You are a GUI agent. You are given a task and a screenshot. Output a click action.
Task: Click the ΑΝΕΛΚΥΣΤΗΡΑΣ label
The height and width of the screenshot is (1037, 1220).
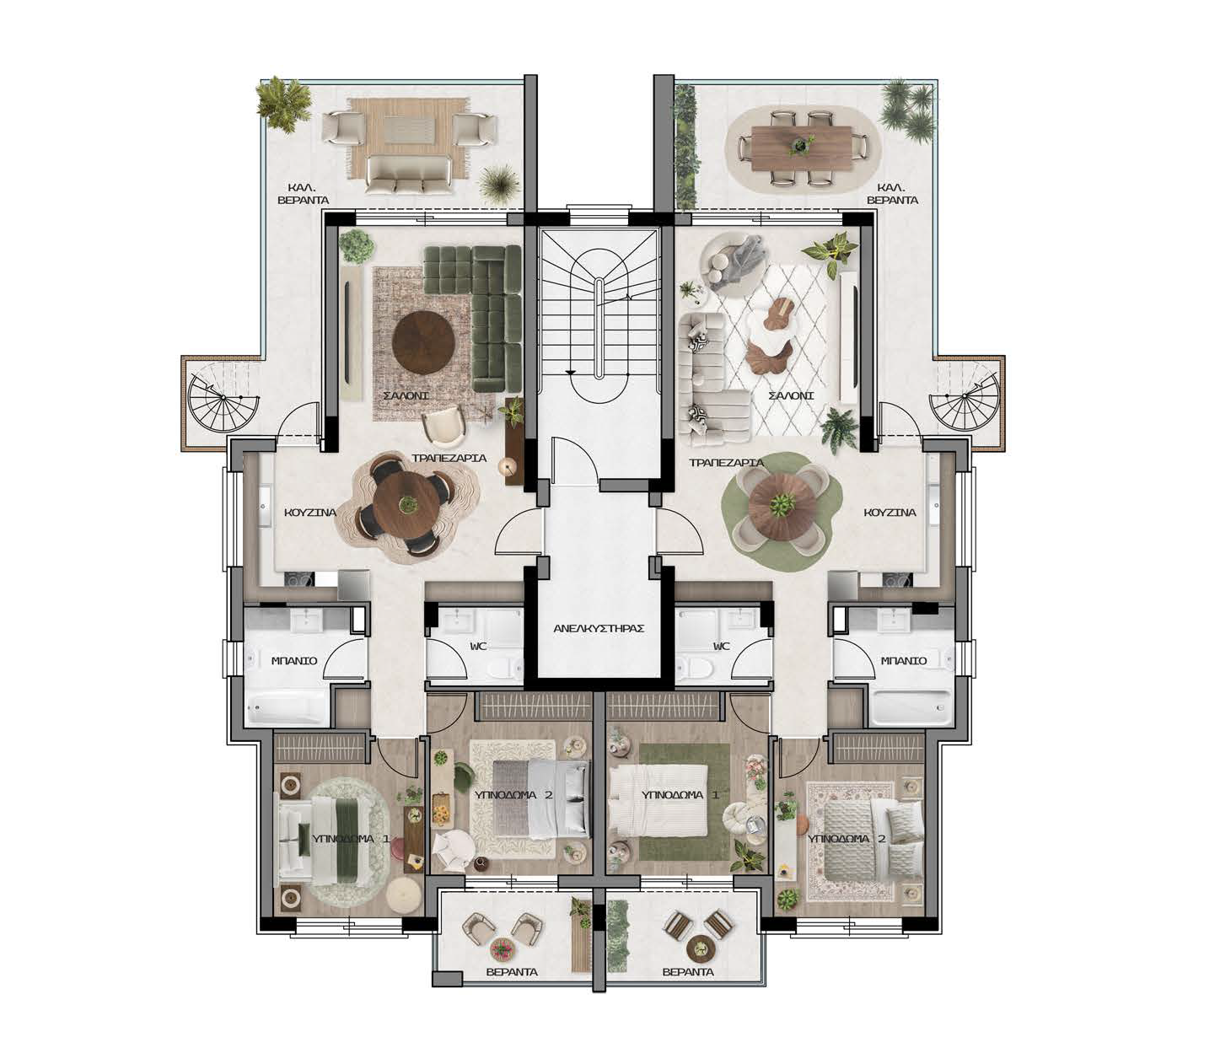point(599,629)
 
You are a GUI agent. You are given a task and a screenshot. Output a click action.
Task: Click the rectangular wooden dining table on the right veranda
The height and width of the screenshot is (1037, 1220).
point(802,148)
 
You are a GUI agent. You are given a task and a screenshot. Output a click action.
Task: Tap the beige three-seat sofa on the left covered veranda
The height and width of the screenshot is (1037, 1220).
point(406,175)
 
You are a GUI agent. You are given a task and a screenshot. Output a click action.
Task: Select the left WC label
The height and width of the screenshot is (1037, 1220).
point(478,647)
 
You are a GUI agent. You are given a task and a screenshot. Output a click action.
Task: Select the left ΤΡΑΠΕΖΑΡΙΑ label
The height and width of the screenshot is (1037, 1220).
point(449,458)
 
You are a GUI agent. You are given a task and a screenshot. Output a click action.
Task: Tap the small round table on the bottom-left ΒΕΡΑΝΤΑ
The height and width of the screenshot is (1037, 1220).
point(503,949)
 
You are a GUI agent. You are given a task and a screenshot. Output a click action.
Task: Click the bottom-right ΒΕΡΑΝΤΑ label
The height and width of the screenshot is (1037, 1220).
point(688,972)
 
